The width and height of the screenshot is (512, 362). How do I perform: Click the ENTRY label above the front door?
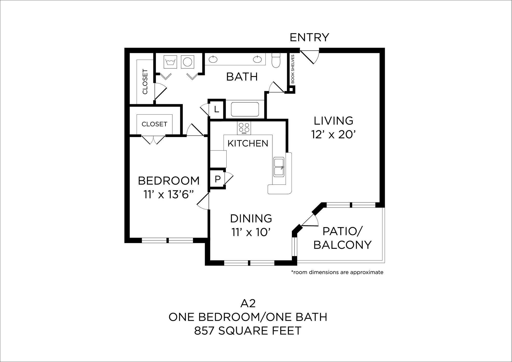pos(309,38)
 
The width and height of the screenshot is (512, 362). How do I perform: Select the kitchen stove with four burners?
pos(244,128)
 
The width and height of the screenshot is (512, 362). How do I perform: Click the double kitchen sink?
pos(279,167)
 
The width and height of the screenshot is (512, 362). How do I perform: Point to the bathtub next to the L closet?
pos(245,109)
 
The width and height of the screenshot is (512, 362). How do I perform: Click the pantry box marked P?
pos(217,179)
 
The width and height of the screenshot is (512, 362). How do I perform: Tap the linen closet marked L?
pos(217,110)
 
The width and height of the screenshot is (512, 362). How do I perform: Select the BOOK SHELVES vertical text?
pos(293,69)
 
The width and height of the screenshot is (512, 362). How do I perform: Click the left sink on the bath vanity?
pos(213,59)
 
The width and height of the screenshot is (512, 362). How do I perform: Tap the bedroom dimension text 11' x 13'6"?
pos(168,195)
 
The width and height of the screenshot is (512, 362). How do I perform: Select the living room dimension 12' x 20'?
pos(333,134)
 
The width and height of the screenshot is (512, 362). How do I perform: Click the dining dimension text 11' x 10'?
pos(251,232)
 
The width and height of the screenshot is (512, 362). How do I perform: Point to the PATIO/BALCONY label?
pos(342,238)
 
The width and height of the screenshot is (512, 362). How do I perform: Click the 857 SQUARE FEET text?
pos(248,331)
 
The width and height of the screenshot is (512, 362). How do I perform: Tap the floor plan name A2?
pos(248,304)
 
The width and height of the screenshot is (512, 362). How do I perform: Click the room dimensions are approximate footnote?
pos(337,272)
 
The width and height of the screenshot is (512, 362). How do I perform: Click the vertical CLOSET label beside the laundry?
pos(145,81)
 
